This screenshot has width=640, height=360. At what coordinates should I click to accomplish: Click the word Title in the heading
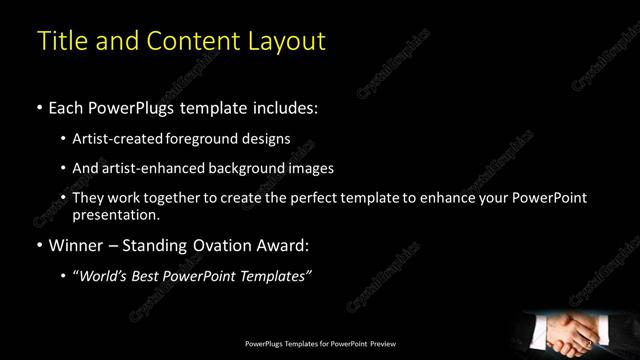tap(61, 41)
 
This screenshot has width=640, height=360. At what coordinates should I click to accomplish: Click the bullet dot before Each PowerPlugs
tap(39, 106)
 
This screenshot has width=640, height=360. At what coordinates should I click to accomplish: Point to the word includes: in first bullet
tap(287, 106)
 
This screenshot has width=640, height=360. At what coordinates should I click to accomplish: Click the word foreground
tap(206, 138)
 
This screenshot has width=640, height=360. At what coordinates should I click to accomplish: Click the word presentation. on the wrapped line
tap(116, 214)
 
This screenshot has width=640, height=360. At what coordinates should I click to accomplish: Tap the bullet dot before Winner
tap(39, 245)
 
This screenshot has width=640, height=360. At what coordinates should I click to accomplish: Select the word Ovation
tap(215, 245)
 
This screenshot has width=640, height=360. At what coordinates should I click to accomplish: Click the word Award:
tap(285, 245)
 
